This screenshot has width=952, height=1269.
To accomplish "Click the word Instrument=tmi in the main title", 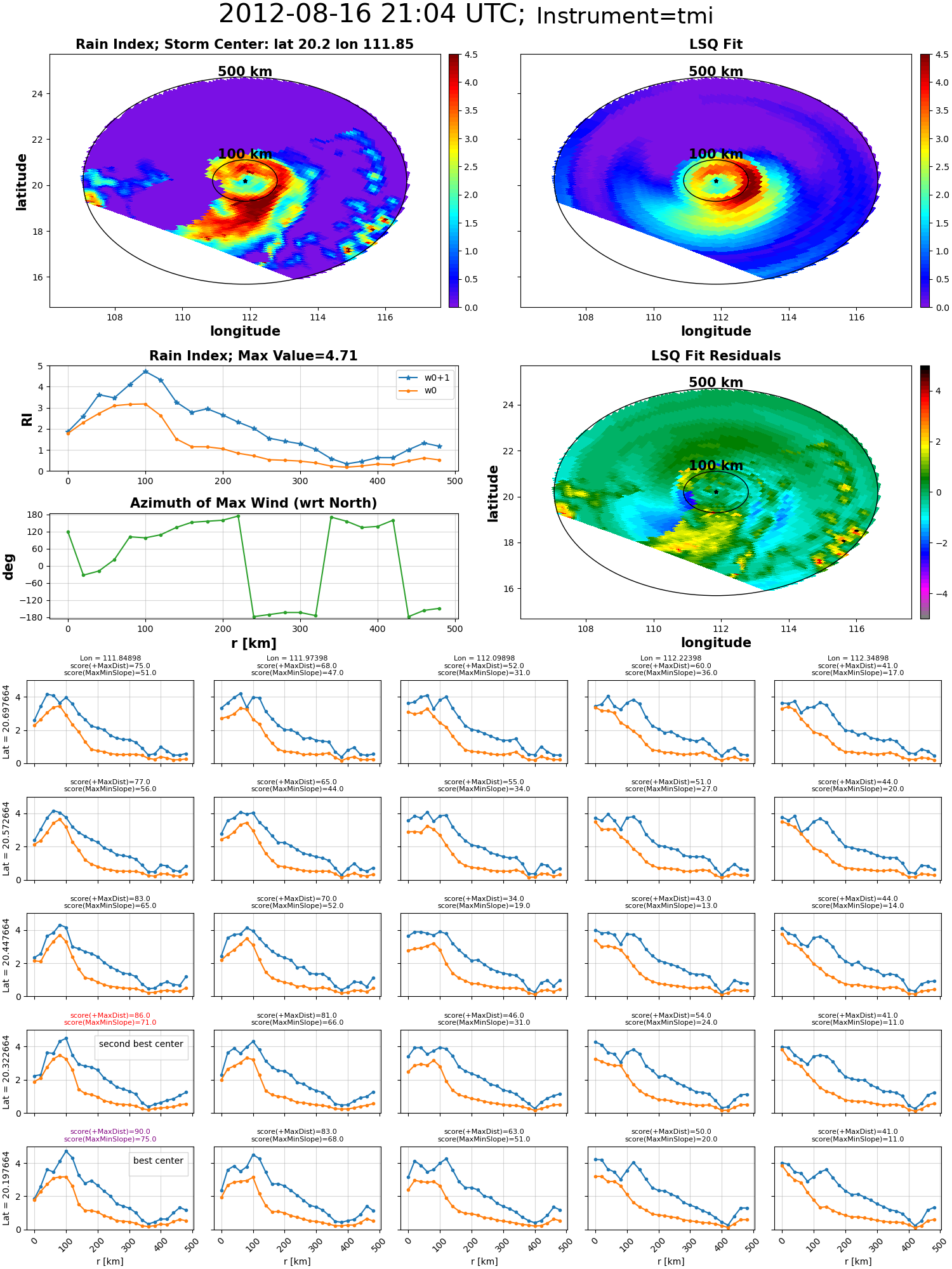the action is (625, 16).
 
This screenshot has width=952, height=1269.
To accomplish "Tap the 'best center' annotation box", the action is (158, 1161).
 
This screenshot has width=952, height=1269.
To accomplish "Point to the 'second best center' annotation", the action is (141, 1044).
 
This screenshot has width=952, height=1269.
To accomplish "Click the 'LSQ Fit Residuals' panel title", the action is (716, 356).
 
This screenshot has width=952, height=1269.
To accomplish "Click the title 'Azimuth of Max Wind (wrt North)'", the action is (253, 503).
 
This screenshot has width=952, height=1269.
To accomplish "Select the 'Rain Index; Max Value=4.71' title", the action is (253, 356).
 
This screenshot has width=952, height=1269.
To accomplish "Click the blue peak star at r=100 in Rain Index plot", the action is (145, 372).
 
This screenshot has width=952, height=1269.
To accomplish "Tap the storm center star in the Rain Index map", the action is (245, 181).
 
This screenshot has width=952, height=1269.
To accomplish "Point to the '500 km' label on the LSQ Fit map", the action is (716, 72).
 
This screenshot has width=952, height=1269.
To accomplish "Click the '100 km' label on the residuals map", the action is (716, 466).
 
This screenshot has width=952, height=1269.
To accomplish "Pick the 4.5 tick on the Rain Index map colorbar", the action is (471, 55).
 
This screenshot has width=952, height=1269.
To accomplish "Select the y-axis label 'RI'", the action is (27, 419).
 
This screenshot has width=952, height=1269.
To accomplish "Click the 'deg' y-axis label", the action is (8, 567).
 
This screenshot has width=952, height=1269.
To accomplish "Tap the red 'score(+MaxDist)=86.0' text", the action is (110, 1015).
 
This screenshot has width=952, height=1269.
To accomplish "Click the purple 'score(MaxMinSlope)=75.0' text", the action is (110, 1139).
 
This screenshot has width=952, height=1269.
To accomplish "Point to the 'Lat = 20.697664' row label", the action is (6, 722).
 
